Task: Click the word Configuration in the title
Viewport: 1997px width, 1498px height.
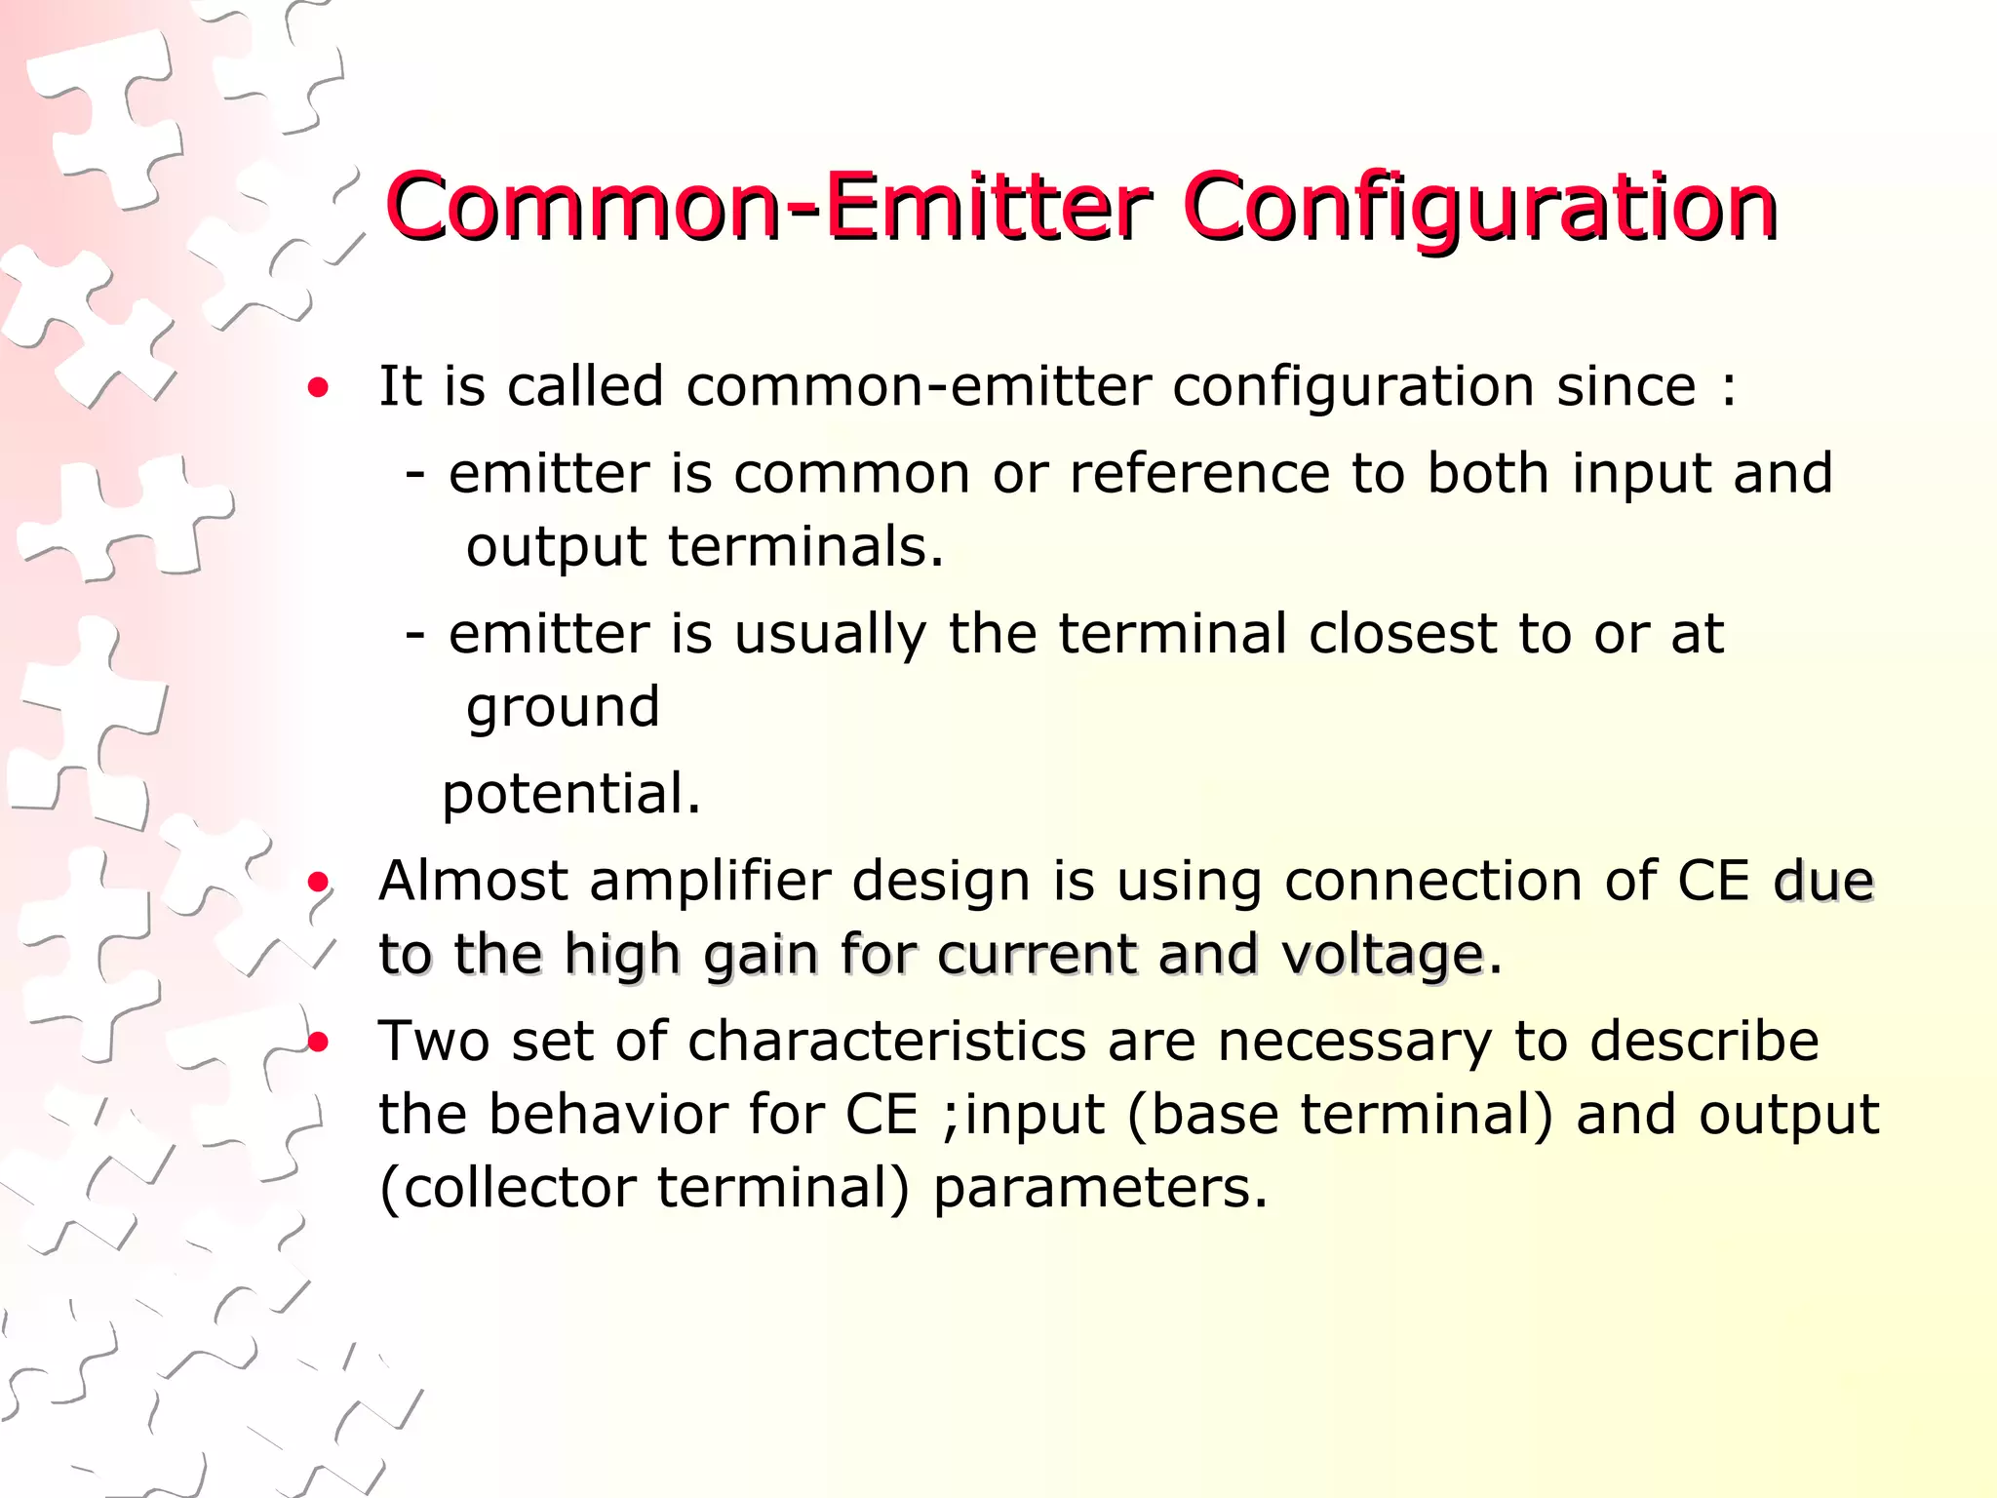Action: [1480, 209]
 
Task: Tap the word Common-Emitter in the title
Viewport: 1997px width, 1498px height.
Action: [768, 207]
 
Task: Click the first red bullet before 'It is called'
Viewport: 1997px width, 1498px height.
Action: [318, 389]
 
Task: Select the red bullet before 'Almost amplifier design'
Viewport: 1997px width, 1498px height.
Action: [318, 884]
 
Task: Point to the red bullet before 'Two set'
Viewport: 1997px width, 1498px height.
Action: [318, 1044]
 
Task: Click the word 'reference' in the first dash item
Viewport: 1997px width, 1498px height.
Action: [1199, 474]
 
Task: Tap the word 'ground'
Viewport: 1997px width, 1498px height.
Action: [563, 708]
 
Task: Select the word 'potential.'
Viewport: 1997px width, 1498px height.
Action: [571, 794]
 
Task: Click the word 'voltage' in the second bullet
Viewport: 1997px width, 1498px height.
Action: [1382, 956]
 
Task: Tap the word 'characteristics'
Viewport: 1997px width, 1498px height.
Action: [886, 1042]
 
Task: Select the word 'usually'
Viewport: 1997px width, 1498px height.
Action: [830, 636]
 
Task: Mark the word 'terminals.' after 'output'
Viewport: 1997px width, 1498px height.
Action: [805, 546]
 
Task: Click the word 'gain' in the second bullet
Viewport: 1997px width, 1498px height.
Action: [761, 956]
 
